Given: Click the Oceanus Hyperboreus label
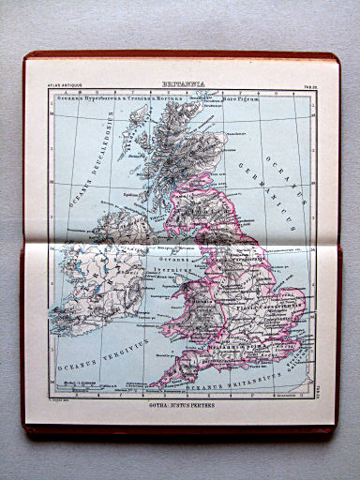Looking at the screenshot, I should pyautogui.click(x=93, y=97).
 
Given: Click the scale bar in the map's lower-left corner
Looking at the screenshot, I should pyautogui.click(x=69, y=384).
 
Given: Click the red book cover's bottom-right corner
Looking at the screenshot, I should pyautogui.click(x=335, y=433).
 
